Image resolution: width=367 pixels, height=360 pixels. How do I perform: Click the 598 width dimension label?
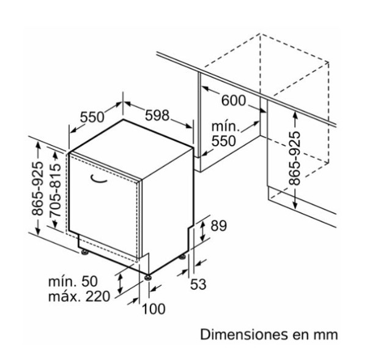(x=157, y=115)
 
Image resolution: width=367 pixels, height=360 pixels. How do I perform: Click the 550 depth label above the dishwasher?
(x=92, y=117)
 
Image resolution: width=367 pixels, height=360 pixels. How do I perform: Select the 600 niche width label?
(x=234, y=100)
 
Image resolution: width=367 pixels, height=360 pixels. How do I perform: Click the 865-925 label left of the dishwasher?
(x=37, y=188)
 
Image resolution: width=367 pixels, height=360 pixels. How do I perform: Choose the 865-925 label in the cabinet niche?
(x=294, y=159)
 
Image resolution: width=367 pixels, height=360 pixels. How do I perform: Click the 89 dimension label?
(x=218, y=226)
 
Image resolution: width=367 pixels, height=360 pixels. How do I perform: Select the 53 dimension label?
(x=198, y=284)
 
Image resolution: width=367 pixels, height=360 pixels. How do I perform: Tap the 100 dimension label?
(x=154, y=309)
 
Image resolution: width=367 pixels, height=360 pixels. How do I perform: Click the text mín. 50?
(x=73, y=281)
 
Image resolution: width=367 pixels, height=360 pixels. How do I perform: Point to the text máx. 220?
(x=79, y=296)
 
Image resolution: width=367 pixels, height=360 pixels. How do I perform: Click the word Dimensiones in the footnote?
(x=243, y=334)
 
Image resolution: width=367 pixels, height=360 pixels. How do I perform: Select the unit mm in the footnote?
(x=326, y=336)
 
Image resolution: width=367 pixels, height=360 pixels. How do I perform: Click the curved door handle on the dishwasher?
(x=98, y=179)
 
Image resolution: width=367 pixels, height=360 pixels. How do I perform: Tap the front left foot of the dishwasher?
(x=84, y=252)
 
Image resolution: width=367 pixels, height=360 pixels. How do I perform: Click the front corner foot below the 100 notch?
(x=148, y=277)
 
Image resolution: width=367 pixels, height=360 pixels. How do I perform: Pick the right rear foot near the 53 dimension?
(x=182, y=257)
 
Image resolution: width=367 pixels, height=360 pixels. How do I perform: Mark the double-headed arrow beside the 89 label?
(x=202, y=231)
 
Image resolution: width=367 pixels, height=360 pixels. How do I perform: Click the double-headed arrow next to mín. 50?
(x=120, y=283)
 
